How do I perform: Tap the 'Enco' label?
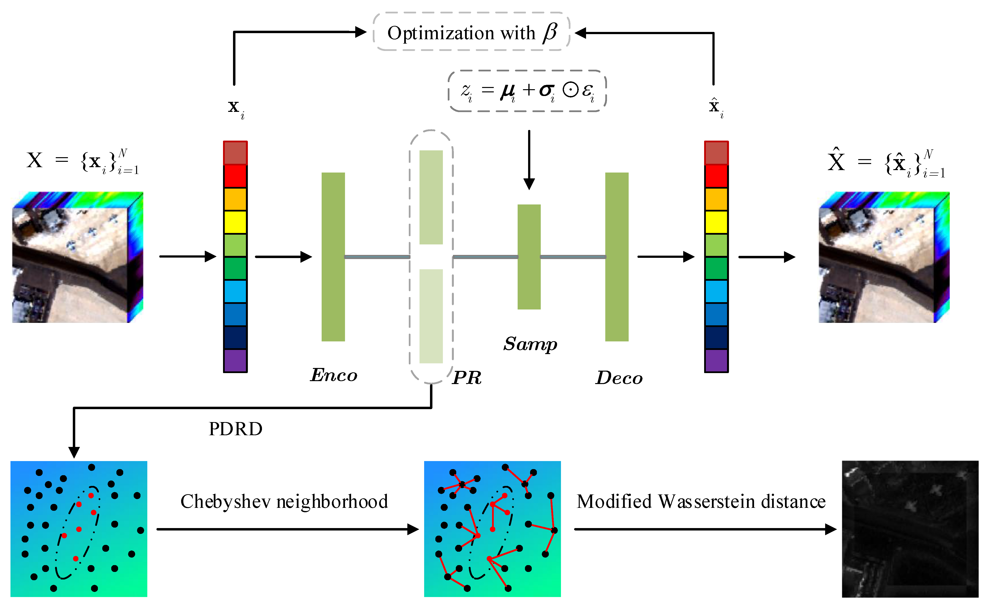click(333, 375)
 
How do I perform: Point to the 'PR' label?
click(467, 377)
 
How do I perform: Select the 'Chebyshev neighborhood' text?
click(284, 502)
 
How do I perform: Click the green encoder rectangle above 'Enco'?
click(333, 257)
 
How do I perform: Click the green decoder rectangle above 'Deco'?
click(617, 257)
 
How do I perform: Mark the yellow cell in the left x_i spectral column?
click(235, 222)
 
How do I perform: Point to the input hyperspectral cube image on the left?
click(77, 257)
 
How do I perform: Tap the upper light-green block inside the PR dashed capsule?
click(431, 197)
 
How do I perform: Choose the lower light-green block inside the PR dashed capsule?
click(431, 316)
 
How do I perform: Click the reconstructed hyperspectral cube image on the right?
click(884, 257)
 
